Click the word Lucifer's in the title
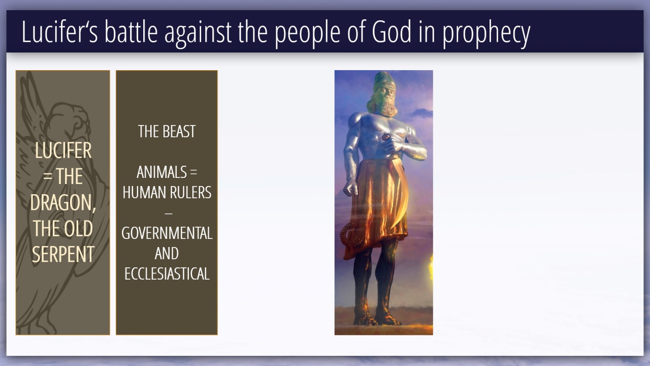[x=60, y=32]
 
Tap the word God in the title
[x=392, y=32]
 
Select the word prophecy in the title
[x=486, y=34]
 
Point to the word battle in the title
[x=131, y=32]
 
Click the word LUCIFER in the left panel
[x=63, y=150]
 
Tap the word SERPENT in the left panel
[x=63, y=254]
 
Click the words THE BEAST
[x=167, y=132]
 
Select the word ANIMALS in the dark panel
[x=161, y=172]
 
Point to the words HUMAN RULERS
[x=167, y=193]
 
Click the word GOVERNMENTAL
[x=167, y=233]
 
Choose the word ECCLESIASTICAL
[x=167, y=274]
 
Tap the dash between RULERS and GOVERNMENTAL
[x=169, y=213]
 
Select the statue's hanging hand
[x=350, y=187]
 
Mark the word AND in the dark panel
[x=167, y=254]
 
